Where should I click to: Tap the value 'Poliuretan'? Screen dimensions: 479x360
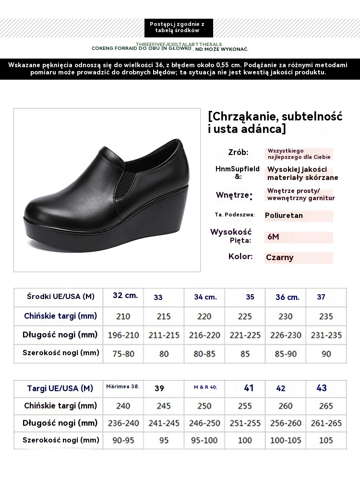pyautogui.click(x=284, y=216)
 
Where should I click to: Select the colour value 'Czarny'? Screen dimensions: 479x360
pyautogui.click(x=280, y=257)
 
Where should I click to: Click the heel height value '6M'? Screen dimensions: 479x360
pyautogui.click(x=273, y=237)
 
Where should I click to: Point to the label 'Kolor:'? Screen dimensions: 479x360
pyautogui.click(x=240, y=256)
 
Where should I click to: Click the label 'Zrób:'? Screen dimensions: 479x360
pyautogui.click(x=239, y=153)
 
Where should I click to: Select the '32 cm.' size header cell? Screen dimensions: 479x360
pyautogui.click(x=125, y=296)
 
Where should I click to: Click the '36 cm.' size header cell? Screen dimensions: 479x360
pyautogui.click(x=288, y=297)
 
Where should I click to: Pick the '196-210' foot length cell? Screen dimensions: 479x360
pyautogui.click(x=123, y=335)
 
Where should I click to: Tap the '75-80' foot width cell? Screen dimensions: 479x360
pyautogui.click(x=123, y=353)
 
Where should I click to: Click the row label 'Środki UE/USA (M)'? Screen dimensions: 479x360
pyautogui.click(x=60, y=297)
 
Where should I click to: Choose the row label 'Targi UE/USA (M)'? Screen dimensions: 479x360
pyautogui.click(x=60, y=388)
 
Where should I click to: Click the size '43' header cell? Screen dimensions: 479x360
pyautogui.click(x=321, y=388)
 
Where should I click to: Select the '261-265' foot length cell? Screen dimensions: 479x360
pyautogui.click(x=326, y=423)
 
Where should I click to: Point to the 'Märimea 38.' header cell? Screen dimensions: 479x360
pyautogui.click(x=122, y=386)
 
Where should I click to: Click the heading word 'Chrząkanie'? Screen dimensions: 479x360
pyautogui.click(x=247, y=117)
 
